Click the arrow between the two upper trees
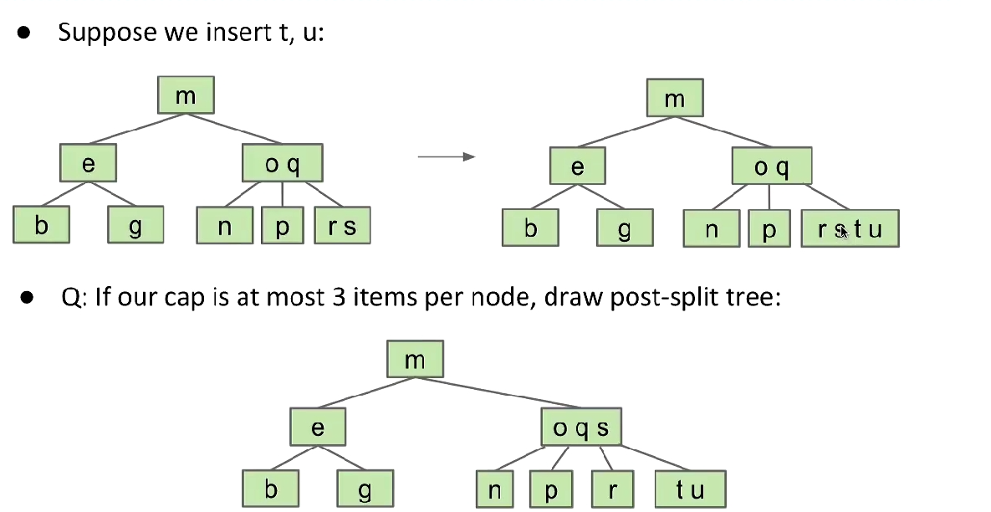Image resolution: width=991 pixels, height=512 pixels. point(446,156)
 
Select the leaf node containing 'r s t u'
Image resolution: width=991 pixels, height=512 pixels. point(850,228)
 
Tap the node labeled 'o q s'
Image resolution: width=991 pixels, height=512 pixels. point(581,429)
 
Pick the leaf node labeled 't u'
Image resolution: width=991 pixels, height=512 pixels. point(690,489)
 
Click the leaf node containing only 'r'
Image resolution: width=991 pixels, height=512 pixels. point(612,489)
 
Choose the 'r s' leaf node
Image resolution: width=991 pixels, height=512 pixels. point(342,226)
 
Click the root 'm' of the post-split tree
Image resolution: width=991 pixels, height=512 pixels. point(415,361)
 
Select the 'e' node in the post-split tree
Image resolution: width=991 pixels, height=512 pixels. point(318,429)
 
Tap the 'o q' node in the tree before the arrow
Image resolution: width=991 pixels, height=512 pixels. point(282,164)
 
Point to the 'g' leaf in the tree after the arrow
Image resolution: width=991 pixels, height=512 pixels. point(624,228)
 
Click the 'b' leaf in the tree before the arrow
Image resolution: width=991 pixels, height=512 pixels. point(41,226)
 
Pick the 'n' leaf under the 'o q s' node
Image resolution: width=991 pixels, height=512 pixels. point(494,489)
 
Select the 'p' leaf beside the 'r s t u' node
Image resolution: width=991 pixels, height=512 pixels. point(769,228)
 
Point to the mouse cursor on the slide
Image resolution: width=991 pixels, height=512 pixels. point(844,231)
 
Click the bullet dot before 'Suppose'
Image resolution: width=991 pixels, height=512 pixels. point(23,33)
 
